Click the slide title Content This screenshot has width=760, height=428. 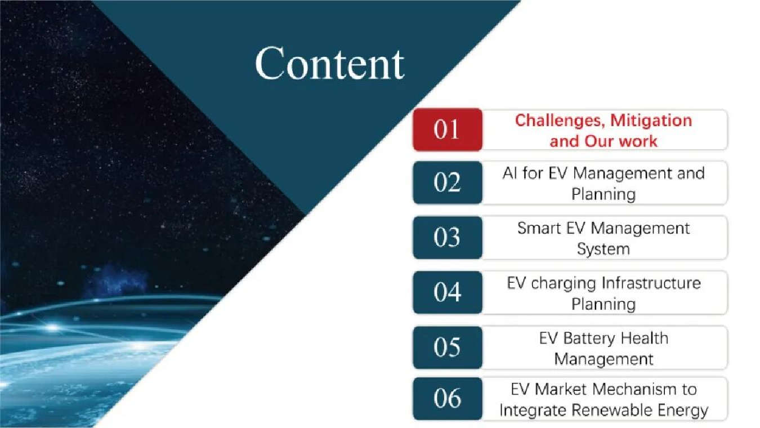tap(329, 64)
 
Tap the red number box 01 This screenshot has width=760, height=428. tap(448, 130)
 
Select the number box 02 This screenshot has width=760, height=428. tap(448, 182)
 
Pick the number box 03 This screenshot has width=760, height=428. tap(448, 238)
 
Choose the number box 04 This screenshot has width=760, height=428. tap(448, 292)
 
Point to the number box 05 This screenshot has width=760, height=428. tap(448, 347)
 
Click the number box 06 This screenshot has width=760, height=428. tap(448, 399)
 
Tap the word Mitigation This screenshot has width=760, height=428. tap(651, 121)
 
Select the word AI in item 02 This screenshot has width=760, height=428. tap(510, 173)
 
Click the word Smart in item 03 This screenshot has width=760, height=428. tap(539, 228)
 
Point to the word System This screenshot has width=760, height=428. tap(603, 249)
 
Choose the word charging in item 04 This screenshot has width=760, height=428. tap(564, 284)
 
